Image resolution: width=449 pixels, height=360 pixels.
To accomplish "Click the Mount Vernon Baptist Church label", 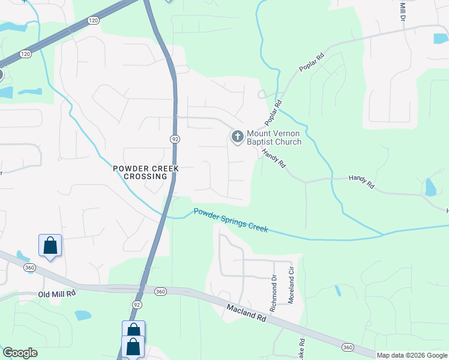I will pos(274,137).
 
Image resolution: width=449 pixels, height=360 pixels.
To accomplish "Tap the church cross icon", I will pos(237,137).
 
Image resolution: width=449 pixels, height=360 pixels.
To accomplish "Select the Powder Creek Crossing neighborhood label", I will pos(146,173).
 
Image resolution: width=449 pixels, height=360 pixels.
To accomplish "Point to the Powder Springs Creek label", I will pos(231,220).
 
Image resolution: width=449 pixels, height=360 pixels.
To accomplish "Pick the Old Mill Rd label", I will pos(56,294).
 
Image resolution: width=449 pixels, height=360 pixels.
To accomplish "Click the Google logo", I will pos(20,353).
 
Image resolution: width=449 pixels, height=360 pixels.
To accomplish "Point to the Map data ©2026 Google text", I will pos(411,355).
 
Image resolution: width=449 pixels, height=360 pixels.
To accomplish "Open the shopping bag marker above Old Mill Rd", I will pos(50,246).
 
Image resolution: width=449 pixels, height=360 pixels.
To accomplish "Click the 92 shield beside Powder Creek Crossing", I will pos(175,139).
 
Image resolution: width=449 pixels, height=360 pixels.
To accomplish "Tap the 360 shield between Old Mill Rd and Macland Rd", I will pos(160,291).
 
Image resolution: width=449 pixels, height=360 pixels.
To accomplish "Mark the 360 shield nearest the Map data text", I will pos(348,347).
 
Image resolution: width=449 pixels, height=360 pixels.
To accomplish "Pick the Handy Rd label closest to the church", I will pos(273,157).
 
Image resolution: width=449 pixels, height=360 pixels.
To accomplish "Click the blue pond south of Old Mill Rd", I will pos(83,315).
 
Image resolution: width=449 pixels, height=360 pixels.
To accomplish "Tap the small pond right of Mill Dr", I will pos(441,38).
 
